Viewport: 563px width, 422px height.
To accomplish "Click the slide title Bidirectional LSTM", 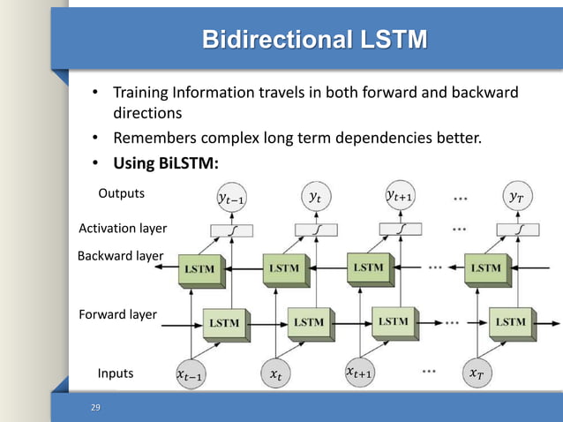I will pos(314,40).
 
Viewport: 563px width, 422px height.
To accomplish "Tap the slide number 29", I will pos(96,407).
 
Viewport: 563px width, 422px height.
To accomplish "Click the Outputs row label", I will pos(121,192).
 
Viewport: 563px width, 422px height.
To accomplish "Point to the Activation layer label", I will pos(123,228).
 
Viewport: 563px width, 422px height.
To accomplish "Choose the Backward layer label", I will pos(120,256).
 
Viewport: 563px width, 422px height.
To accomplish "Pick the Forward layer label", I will pos(117,313).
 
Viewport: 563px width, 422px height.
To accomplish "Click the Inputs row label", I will pos(116,373).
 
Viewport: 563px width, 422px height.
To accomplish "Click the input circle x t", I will pos(277,375).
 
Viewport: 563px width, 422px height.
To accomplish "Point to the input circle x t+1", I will pos(357,373).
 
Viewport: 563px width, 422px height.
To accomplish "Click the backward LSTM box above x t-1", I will pos(198,268).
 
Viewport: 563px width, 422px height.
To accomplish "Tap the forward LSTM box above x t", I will pos(308,323).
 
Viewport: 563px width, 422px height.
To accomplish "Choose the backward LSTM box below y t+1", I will pos(368,267).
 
